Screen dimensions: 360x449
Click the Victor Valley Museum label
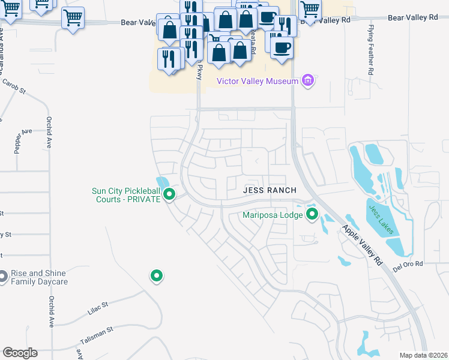coord(258,81)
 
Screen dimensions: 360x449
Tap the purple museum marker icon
coord(308,80)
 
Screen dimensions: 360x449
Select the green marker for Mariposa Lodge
coord(312,214)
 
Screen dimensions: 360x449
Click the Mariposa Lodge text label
coord(273,215)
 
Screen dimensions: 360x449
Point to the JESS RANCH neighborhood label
coord(270,190)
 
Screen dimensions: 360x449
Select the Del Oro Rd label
coord(408,263)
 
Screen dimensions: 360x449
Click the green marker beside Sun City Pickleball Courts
coord(169,194)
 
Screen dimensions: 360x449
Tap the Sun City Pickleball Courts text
coord(127,195)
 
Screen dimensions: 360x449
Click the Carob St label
coord(14,88)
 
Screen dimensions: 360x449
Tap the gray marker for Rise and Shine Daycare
coord(3,277)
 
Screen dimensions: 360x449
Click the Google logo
coord(20,353)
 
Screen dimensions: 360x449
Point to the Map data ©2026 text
coord(423,355)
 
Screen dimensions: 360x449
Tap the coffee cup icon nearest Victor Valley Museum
coord(282,47)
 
